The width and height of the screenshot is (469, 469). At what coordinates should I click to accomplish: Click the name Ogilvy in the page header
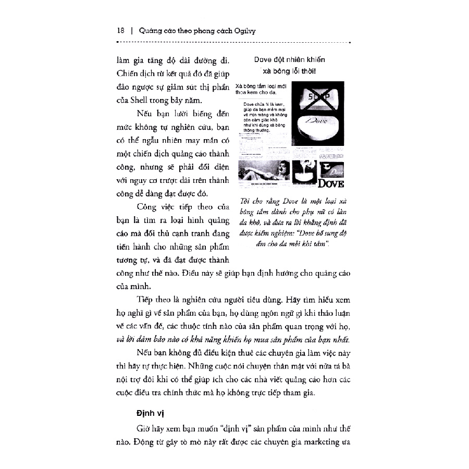click(242, 31)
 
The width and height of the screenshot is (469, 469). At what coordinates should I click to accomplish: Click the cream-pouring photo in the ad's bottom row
click(304, 171)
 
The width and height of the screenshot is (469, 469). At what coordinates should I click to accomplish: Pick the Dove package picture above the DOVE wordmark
click(331, 169)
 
